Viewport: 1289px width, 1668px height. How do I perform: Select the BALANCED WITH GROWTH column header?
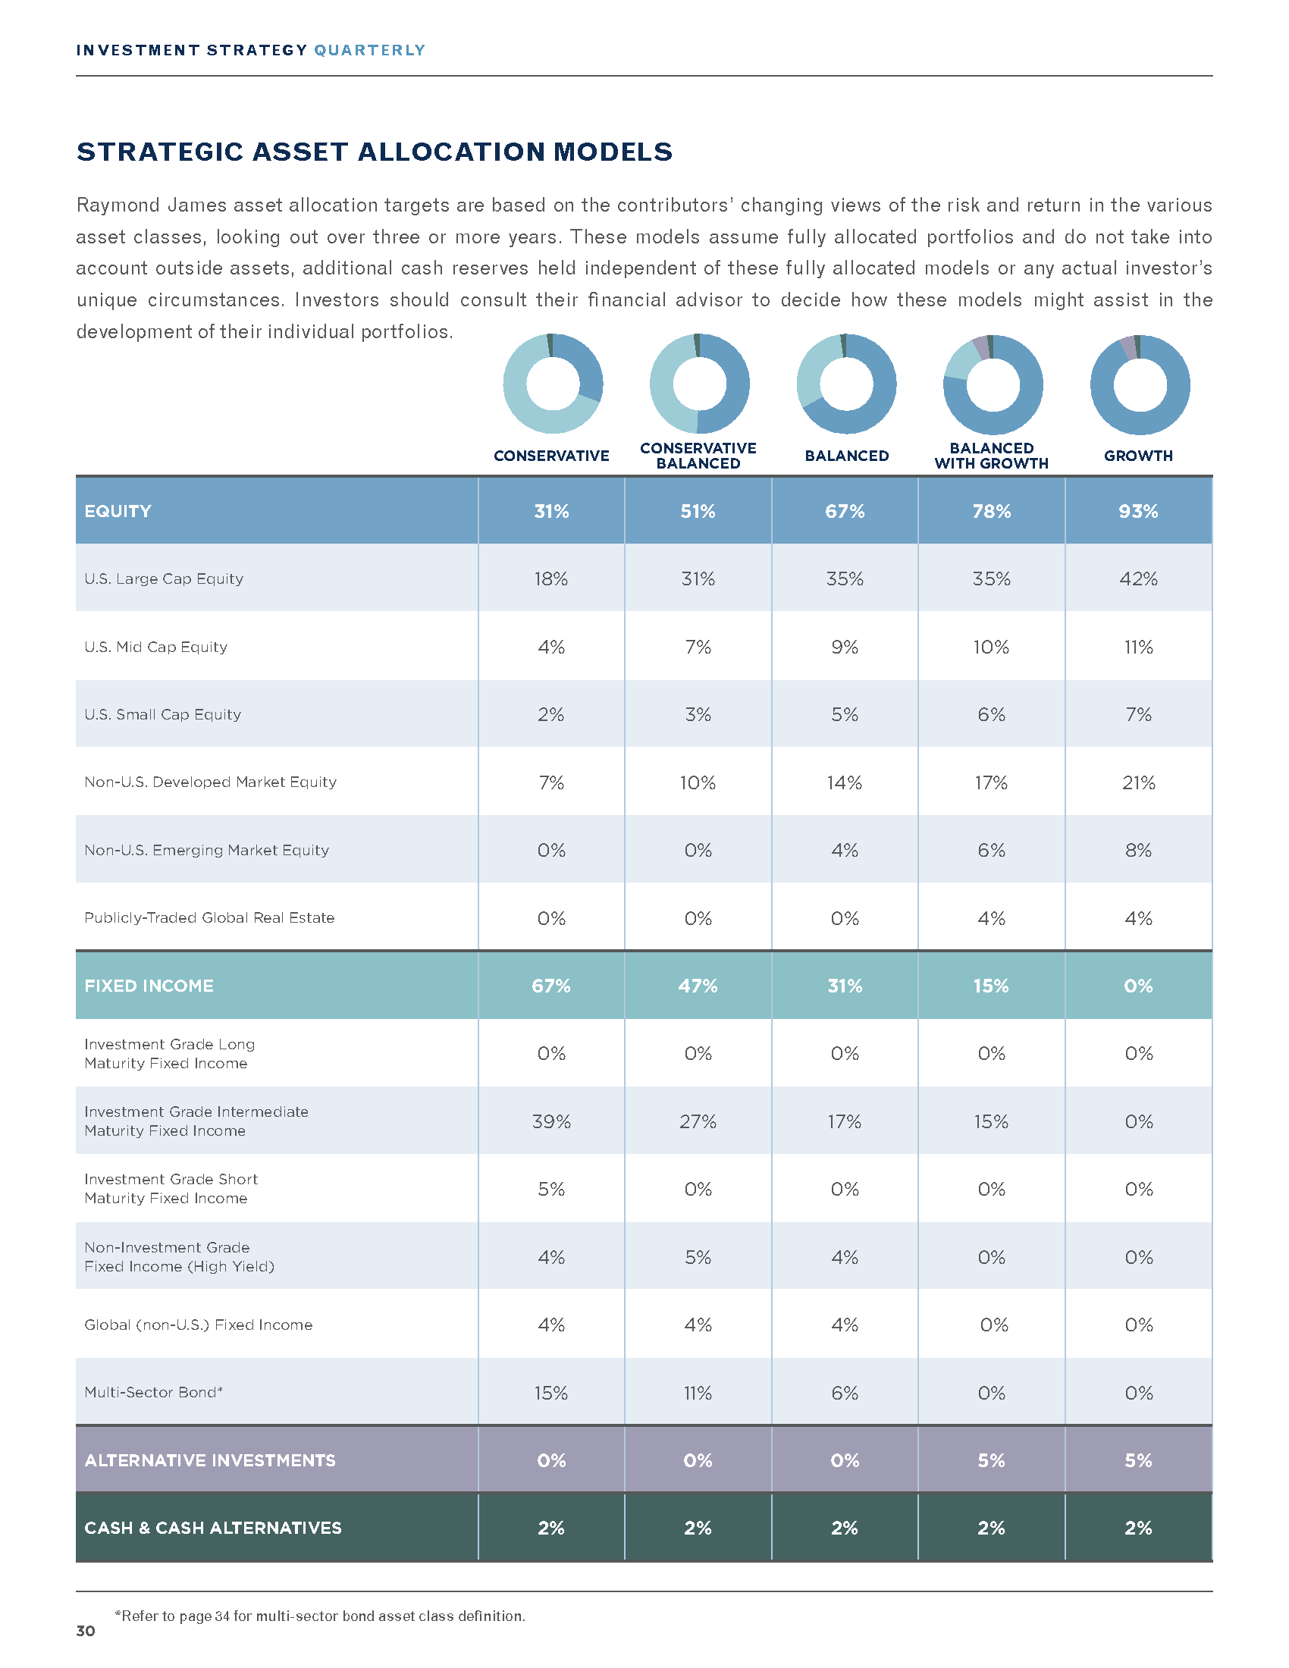click(x=991, y=455)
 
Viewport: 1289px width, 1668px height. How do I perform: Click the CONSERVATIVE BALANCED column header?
click(x=698, y=455)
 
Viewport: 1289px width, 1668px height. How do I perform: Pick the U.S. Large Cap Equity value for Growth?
click(x=1138, y=579)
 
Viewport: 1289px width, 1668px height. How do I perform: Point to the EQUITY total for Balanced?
click(x=845, y=511)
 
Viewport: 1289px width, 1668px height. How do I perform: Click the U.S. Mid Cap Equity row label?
click(x=155, y=647)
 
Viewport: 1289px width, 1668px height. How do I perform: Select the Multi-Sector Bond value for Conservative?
click(x=551, y=1393)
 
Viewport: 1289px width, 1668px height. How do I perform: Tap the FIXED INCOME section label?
click(x=149, y=986)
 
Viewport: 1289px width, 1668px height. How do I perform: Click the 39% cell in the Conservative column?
click(x=551, y=1121)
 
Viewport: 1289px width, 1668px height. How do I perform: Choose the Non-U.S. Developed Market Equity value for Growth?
click(x=1138, y=783)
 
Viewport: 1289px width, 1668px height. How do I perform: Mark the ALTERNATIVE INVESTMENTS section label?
click(x=210, y=1460)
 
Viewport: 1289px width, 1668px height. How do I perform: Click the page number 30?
click(x=86, y=1632)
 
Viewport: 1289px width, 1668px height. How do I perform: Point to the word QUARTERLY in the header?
click(x=369, y=50)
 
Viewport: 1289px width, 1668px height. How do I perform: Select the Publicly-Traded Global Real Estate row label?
click(x=209, y=918)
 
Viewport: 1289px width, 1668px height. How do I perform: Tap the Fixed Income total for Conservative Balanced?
click(x=698, y=986)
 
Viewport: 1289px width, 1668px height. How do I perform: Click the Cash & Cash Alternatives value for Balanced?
click(x=845, y=1528)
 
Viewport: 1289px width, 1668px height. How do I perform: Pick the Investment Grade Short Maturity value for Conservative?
click(x=551, y=1189)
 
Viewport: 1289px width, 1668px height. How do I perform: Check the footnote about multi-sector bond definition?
click(x=320, y=1616)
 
